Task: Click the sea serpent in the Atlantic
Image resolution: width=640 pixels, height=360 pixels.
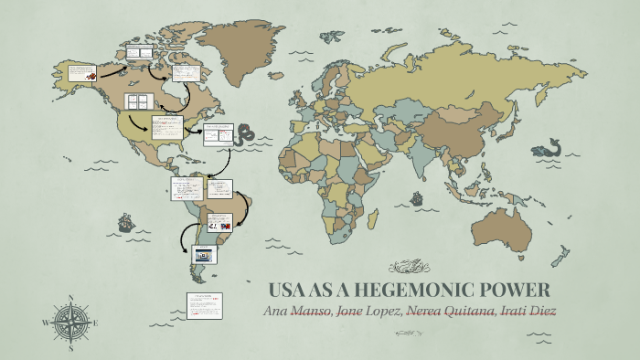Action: [x=243, y=135]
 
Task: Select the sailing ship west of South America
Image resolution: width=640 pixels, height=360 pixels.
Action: [x=125, y=223]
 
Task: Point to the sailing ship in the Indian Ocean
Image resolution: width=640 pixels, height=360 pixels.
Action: [x=417, y=197]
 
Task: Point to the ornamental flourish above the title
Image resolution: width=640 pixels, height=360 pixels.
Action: [x=409, y=267]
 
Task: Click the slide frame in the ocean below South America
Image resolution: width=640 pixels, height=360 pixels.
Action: [x=204, y=305]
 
